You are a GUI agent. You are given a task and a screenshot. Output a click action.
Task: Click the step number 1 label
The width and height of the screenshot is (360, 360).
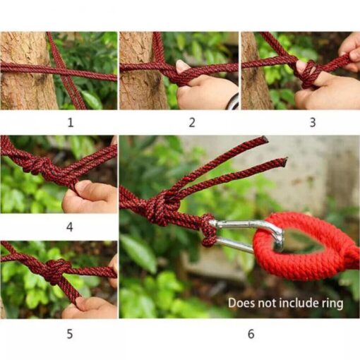tap(71, 123)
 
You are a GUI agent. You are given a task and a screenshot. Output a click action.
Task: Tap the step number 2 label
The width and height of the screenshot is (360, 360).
tap(192, 123)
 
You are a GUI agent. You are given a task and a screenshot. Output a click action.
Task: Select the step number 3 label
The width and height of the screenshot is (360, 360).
tap(313, 123)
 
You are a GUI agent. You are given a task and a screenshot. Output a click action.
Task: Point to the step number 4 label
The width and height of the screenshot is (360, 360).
tap(70, 227)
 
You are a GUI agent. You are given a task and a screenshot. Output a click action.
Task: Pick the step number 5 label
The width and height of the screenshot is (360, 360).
tap(70, 334)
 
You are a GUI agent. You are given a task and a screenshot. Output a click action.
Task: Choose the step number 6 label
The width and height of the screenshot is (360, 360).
tap(251, 334)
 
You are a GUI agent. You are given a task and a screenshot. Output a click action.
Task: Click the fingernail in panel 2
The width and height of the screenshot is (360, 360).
tap(181, 66)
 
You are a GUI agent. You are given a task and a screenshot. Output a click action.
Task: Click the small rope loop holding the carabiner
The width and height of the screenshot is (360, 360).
tap(208, 230)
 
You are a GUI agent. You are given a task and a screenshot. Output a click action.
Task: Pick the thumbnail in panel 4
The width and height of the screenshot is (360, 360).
tap(82, 185)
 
